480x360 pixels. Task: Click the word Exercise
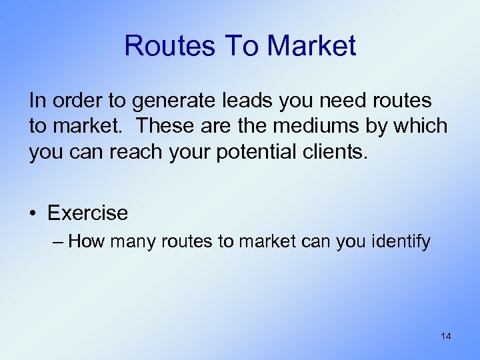(87, 213)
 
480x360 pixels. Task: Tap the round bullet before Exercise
(34, 214)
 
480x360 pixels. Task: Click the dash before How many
(57, 241)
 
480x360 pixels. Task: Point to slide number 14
(445, 337)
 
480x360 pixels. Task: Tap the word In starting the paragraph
(37, 101)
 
